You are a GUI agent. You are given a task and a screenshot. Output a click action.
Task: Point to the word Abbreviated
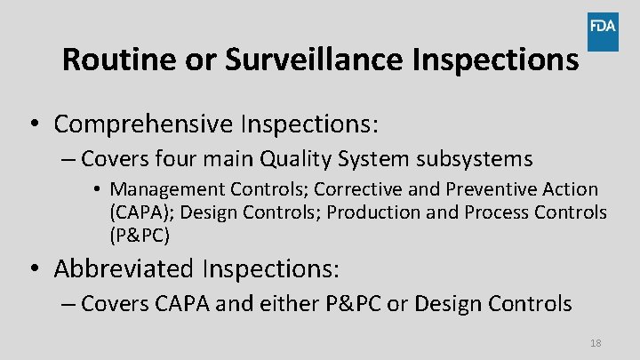(124, 268)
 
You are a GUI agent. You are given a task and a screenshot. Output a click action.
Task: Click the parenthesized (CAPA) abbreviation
(137, 212)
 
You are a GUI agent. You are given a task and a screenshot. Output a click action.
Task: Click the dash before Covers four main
(68, 161)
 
